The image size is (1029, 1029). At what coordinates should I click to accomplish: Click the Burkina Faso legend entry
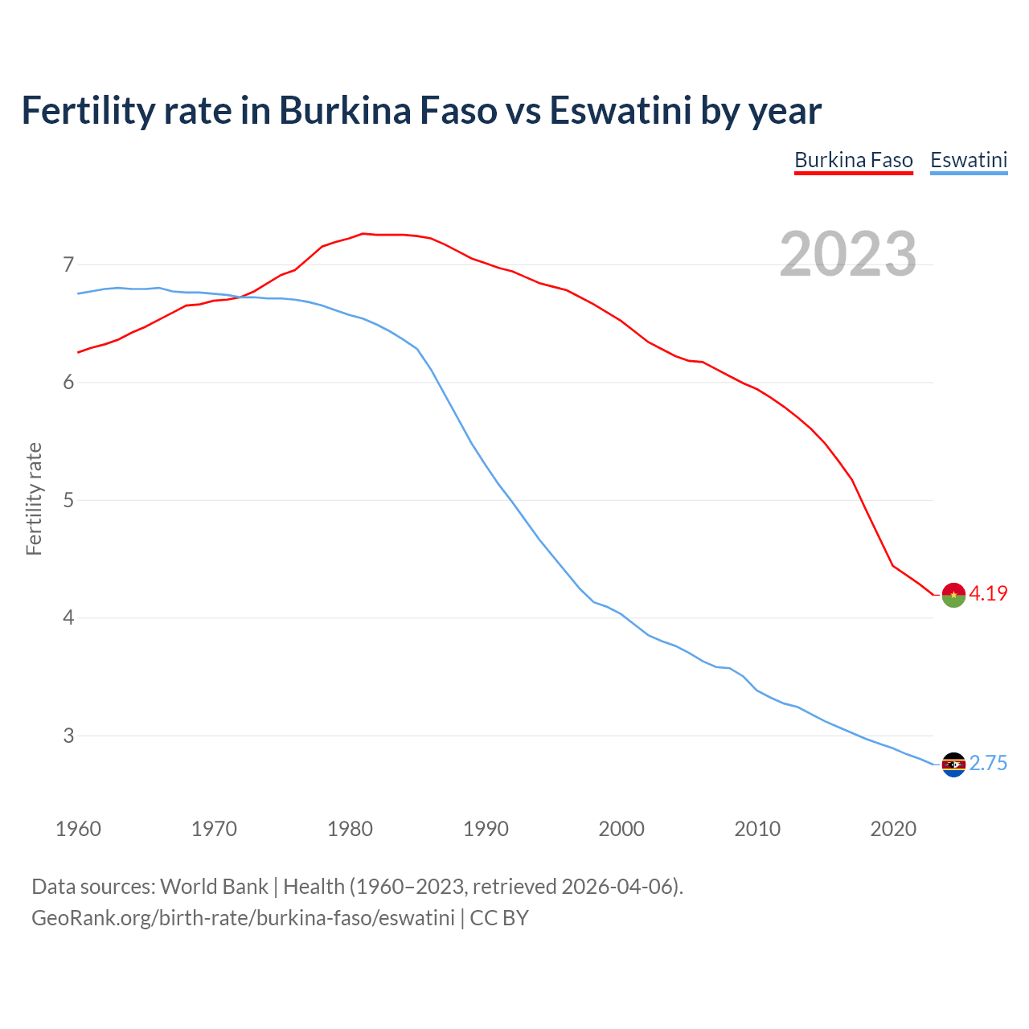coord(853,160)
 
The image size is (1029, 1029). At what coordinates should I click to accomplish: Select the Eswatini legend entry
coord(968,160)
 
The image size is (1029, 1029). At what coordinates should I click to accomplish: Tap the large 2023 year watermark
coord(847,254)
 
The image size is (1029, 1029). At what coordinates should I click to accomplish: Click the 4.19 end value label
coord(988,593)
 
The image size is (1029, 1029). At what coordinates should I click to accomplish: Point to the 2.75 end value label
coord(988,763)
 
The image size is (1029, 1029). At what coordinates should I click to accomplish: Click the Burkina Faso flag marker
coord(953,595)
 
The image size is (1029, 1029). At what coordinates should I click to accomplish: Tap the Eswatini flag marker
coord(953,765)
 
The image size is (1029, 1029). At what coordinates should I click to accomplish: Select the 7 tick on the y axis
coord(68,264)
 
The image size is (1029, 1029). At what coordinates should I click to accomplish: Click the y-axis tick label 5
coord(68,500)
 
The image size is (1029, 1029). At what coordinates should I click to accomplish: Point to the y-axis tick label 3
coord(68,736)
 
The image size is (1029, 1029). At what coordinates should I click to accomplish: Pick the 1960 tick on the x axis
coord(78,829)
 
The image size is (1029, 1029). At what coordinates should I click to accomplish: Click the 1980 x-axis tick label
coord(350,829)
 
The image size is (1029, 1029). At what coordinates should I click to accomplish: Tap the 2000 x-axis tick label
coord(621,829)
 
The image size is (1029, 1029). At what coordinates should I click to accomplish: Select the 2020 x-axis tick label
coord(893,829)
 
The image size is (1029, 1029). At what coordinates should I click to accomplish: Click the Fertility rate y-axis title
coord(34,498)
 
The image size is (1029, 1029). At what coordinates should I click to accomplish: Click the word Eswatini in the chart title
coord(620,110)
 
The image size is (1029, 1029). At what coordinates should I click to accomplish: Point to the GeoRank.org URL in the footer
coord(243,917)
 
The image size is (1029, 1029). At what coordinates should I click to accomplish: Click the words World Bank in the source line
coord(214,886)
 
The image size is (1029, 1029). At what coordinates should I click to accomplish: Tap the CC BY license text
coord(499,917)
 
